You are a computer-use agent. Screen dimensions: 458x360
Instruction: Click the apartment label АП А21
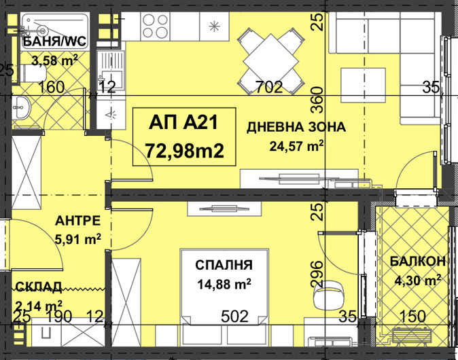pos(183,122)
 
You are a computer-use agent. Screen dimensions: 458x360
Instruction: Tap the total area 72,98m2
pos(184,151)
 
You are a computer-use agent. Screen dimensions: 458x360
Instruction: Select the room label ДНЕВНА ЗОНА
pos(296,127)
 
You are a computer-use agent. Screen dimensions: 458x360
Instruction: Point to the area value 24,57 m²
pos(296,145)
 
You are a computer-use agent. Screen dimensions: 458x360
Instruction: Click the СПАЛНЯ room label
pos(224,265)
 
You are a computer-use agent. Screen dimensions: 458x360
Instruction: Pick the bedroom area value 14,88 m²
pos(224,283)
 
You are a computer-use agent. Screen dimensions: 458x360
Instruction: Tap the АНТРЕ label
pos(77,221)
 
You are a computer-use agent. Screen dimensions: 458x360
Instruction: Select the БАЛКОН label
pos(418,261)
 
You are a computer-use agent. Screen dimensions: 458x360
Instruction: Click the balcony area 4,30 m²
pos(418,281)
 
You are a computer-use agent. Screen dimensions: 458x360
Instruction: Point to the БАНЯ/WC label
pos(54,41)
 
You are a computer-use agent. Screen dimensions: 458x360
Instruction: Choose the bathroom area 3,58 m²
pos(54,60)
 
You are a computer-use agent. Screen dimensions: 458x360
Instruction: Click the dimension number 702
pos(269,87)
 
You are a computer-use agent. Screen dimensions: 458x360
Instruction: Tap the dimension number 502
pos(234,317)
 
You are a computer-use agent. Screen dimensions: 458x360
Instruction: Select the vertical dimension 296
pos(317,274)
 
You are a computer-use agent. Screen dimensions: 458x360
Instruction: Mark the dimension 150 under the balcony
pos(412,317)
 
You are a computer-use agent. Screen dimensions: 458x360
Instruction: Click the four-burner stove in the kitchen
pos(156,26)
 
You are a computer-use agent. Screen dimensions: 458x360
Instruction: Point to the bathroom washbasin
pos(21,108)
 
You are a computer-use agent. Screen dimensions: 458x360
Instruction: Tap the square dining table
pos(270,61)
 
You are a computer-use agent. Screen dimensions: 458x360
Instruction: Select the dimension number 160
pos(51,87)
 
